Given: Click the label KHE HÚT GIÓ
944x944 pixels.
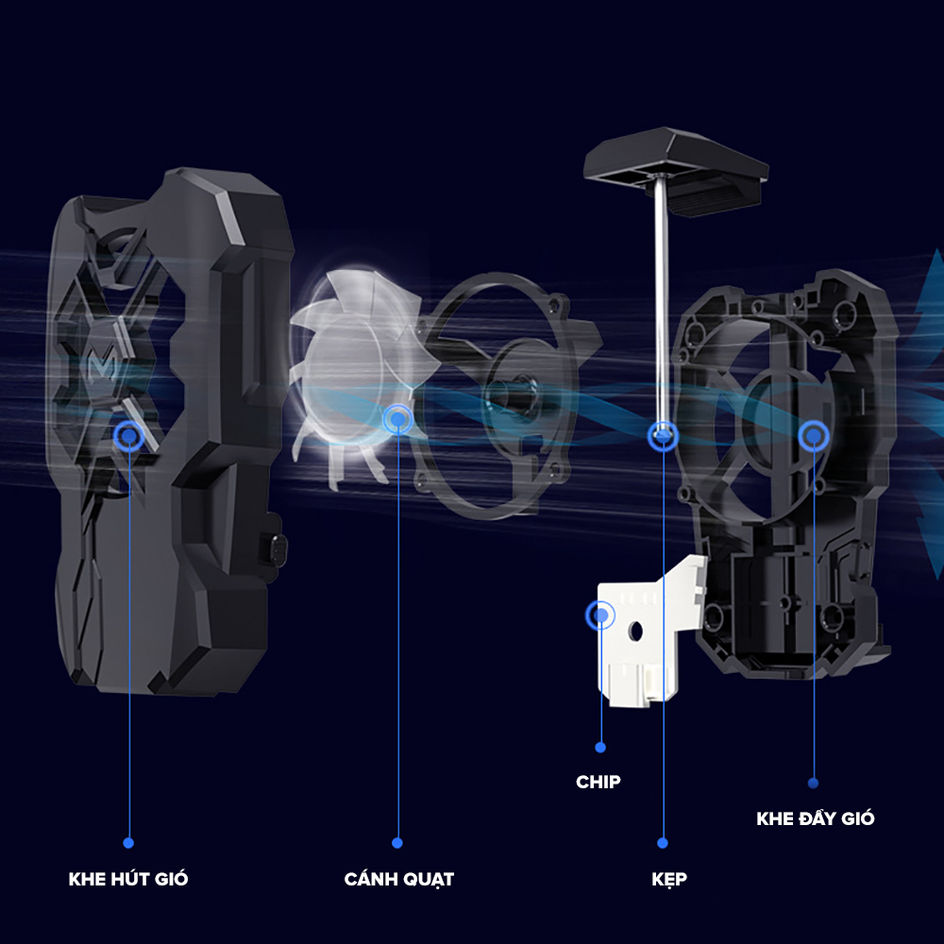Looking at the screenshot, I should pyautogui.click(x=128, y=879).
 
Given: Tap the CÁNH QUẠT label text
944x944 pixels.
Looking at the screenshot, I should pyautogui.click(x=398, y=879).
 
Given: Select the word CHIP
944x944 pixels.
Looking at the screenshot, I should pyautogui.click(x=598, y=782).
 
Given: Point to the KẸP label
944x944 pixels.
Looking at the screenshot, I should pyautogui.click(x=669, y=879).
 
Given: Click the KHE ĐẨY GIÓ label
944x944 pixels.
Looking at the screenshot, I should pyautogui.click(x=815, y=818).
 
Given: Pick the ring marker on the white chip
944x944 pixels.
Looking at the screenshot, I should pyautogui.click(x=598, y=615).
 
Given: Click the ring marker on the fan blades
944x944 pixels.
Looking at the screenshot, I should pyautogui.click(x=397, y=418).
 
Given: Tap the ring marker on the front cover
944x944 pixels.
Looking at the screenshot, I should pyautogui.click(x=127, y=435).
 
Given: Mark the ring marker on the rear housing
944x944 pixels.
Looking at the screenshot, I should pyautogui.click(x=813, y=435).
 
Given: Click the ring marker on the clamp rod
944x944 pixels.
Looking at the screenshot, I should pyautogui.click(x=663, y=435).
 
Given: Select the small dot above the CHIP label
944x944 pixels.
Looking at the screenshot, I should pyautogui.click(x=600, y=747).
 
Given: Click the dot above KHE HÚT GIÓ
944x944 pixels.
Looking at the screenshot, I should pyautogui.click(x=128, y=843).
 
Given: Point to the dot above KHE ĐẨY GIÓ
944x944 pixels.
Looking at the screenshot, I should pyautogui.click(x=814, y=783).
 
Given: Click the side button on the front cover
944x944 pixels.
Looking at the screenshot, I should pyautogui.click(x=276, y=547).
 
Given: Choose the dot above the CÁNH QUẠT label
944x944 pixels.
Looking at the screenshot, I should pyautogui.click(x=397, y=843).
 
